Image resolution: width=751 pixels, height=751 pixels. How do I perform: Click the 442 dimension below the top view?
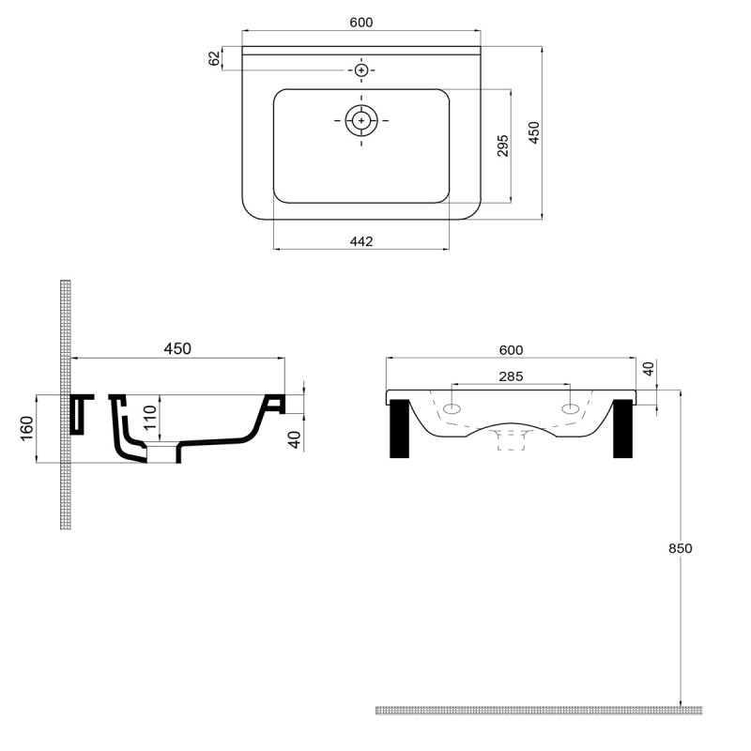click(361, 241)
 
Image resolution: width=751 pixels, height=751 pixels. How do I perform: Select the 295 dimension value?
click(502, 146)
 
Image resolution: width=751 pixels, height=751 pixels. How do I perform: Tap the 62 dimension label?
click(215, 58)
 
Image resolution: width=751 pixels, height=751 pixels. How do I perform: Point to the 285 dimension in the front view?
click(511, 376)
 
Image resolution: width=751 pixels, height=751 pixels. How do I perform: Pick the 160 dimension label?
click(27, 427)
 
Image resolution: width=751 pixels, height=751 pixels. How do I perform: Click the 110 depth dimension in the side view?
click(149, 416)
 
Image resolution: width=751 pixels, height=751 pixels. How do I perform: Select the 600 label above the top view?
click(361, 23)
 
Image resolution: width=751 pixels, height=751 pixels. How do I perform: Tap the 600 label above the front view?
click(511, 350)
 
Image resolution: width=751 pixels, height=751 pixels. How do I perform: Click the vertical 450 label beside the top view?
click(533, 132)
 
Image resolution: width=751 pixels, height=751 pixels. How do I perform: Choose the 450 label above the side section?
click(177, 348)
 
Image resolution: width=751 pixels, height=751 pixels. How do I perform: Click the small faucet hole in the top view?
click(361, 69)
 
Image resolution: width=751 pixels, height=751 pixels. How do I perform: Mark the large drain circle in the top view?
click(361, 120)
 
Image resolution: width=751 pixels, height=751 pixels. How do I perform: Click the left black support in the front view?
click(399, 429)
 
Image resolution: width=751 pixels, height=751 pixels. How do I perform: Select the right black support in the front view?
click(622, 429)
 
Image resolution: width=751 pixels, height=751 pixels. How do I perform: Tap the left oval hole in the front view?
click(452, 409)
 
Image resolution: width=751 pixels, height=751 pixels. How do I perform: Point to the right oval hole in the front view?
click(570, 409)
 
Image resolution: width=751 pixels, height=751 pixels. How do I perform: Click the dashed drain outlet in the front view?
click(511, 438)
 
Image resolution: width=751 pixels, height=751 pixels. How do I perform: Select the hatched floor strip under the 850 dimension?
click(538, 710)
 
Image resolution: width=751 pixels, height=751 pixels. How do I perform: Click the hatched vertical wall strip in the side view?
click(66, 404)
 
